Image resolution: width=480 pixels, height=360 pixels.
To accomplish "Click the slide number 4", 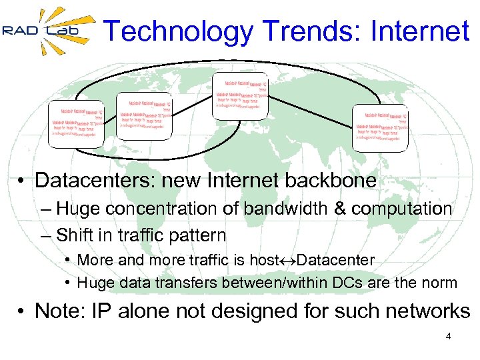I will coord(448,337).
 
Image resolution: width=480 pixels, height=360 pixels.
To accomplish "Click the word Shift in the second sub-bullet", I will coord(74,235).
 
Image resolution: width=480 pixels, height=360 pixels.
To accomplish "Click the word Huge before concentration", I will coord(75,209).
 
